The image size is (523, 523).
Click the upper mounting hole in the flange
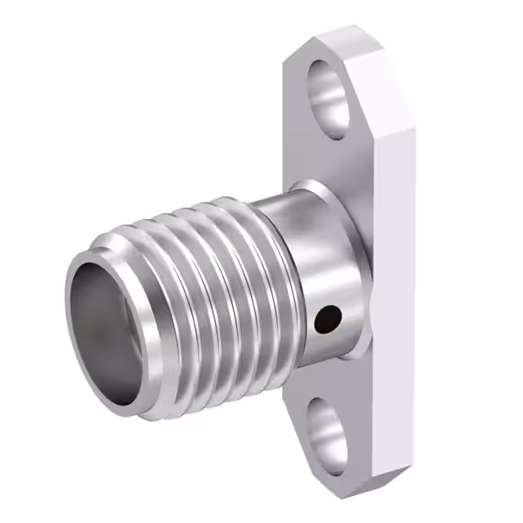point(329,96)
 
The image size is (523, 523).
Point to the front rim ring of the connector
point(82,270)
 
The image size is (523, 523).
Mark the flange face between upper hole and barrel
point(319,159)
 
